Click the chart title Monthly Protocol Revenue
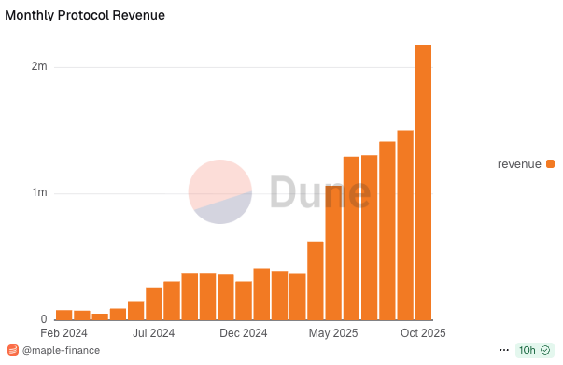click(85, 16)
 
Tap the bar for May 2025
click(333, 252)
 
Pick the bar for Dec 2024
click(244, 300)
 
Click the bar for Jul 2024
click(154, 303)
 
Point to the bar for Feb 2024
click(63, 315)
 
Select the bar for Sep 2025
click(405, 225)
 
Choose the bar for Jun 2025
click(351, 238)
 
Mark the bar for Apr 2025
click(316, 280)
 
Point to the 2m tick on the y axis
click(38, 67)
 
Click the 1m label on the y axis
click(38, 193)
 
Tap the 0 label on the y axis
click(43, 319)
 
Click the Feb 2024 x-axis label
click(63, 332)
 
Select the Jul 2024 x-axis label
click(154, 332)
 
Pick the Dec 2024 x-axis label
click(244, 332)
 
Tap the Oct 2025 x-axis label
click(423, 332)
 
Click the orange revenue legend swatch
click(550, 164)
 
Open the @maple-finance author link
click(60, 351)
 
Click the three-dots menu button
click(503, 350)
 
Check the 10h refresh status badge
click(533, 350)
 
